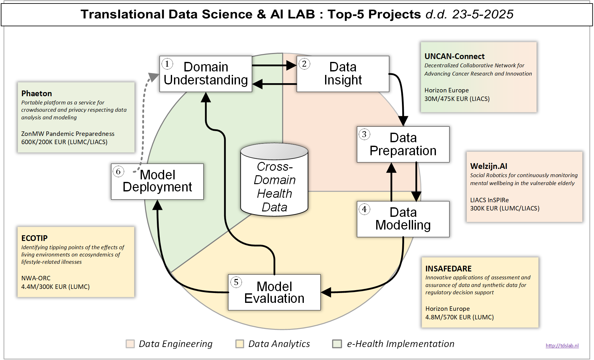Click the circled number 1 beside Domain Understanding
click(x=167, y=64)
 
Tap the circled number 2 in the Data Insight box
click(x=304, y=64)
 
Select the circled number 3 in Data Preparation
click(x=364, y=134)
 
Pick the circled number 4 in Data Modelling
click(x=364, y=209)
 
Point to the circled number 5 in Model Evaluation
click(x=236, y=282)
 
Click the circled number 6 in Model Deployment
click(x=118, y=171)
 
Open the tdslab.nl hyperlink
click(x=562, y=346)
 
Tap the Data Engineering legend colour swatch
click(x=130, y=344)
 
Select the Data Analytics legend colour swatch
click(x=240, y=344)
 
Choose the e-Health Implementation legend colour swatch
click(x=337, y=344)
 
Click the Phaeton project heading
click(x=37, y=94)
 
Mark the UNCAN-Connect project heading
click(x=454, y=57)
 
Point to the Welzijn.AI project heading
click(x=488, y=166)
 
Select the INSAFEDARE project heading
click(x=448, y=269)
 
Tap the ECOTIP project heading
click(x=34, y=238)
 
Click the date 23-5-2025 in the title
click(x=483, y=14)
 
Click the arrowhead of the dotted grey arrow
click(x=154, y=77)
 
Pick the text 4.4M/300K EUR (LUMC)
click(x=55, y=287)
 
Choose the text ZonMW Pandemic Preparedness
click(x=68, y=134)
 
